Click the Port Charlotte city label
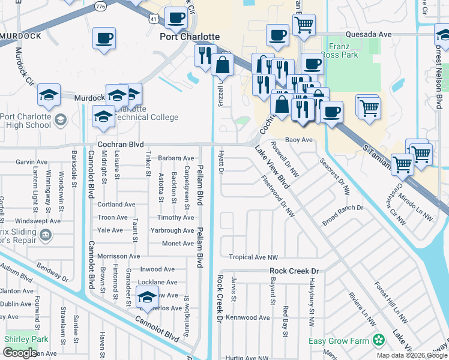189,37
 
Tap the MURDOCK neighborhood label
20,36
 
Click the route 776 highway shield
100,5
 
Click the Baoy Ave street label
299,140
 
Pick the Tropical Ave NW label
253,257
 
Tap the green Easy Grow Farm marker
378,341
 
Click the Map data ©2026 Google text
411,355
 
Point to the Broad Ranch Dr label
343,208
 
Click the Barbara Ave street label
176,158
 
